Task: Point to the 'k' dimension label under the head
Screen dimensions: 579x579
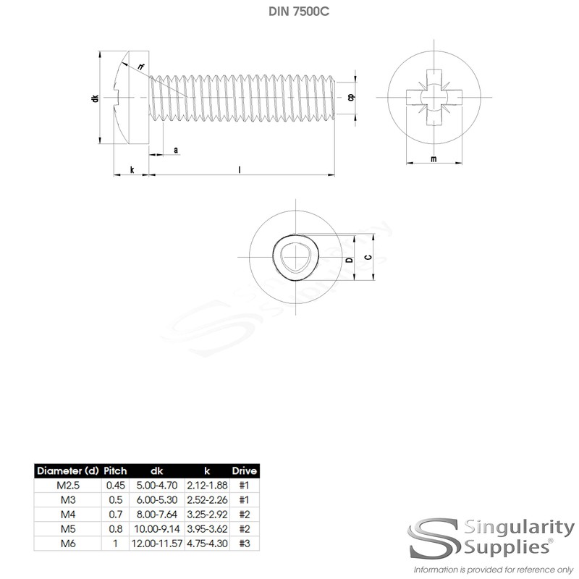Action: point(132,169)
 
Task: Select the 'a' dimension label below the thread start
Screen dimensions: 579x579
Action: point(176,150)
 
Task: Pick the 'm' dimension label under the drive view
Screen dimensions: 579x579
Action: point(433,159)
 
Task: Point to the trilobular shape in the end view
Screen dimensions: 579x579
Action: point(293,258)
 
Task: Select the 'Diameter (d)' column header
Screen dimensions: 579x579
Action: point(69,471)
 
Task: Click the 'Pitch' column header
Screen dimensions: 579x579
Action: point(116,471)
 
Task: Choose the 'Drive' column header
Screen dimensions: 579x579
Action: point(244,471)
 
